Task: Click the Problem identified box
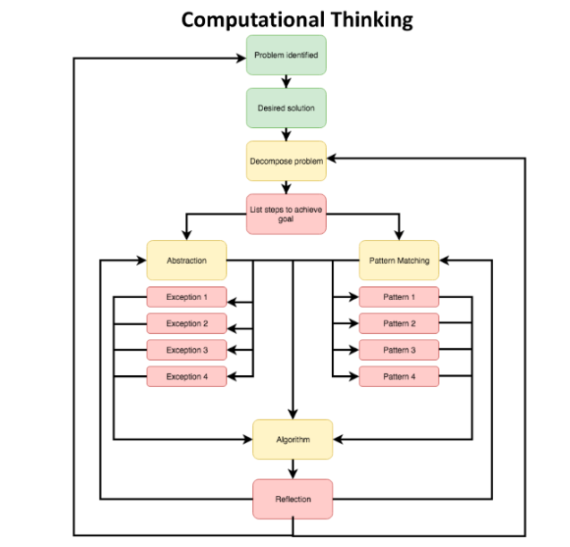coord(286,56)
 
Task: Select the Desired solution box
coord(286,108)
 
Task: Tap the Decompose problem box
coord(286,161)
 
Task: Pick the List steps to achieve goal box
coord(286,214)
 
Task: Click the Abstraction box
coord(187,261)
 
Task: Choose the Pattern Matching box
coord(399,261)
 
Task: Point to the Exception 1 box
coord(187,297)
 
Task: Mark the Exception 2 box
coord(187,323)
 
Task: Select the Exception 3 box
coord(187,350)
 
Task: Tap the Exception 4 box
coord(187,376)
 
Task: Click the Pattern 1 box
coord(399,297)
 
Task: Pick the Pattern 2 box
coord(399,323)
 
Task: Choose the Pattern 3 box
coord(399,350)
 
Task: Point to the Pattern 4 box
coord(399,376)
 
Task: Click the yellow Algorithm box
coord(293,439)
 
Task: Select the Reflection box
coord(293,499)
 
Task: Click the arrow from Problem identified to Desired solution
coord(286,81)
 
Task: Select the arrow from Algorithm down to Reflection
coord(293,469)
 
